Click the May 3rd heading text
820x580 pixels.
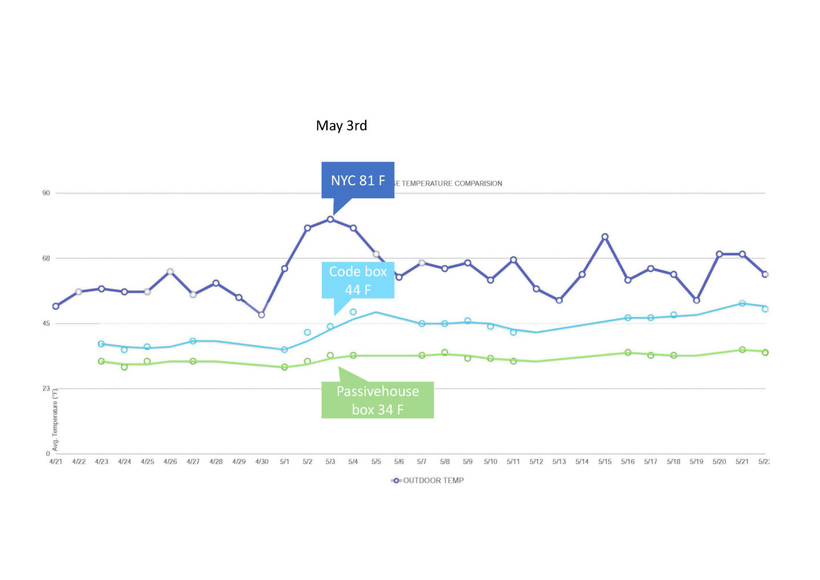(x=341, y=126)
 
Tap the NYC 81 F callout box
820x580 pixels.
(x=358, y=180)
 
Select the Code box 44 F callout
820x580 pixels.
(x=358, y=280)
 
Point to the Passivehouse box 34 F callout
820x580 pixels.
(x=377, y=400)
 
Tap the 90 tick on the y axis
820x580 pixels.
(x=46, y=193)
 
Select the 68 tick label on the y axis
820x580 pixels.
(x=46, y=258)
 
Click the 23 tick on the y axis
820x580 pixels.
(x=46, y=389)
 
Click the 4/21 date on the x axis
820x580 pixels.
(x=56, y=462)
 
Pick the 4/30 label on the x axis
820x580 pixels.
(x=262, y=462)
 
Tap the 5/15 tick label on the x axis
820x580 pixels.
(x=605, y=462)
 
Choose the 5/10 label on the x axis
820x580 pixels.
(x=490, y=462)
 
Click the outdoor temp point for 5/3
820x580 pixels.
(x=330, y=219)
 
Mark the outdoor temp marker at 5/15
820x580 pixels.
(x=605, y=237)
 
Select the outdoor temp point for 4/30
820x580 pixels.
(x=261, y=315)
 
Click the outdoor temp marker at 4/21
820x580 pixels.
(x=56, y=306)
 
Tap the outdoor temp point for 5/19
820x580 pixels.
(x=697, y=300)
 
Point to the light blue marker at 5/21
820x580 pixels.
(x=742, y=303)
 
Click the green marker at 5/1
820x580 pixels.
(x=285, y=367)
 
